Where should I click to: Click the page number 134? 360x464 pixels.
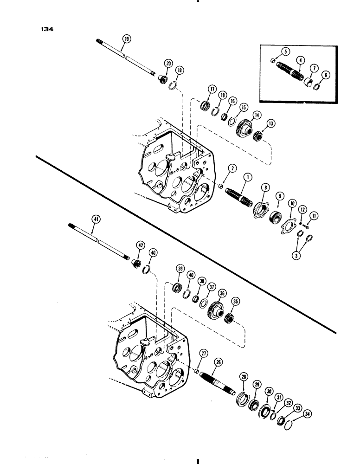click(47, 29)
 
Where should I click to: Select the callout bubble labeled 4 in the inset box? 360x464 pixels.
click(301, 60)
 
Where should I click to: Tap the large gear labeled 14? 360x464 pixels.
click(242, 128)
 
